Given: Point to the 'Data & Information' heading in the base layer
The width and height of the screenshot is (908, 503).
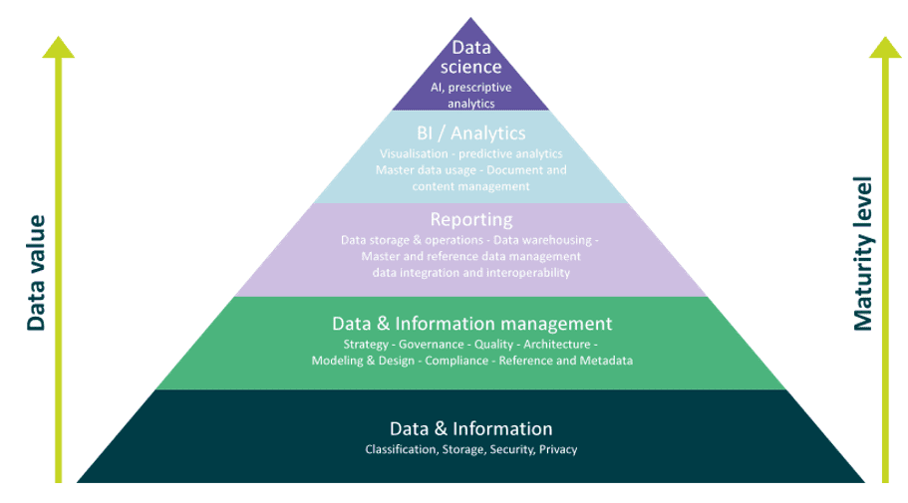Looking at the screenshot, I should (470, 428).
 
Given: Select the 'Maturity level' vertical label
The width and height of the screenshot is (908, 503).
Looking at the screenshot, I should (863, 254).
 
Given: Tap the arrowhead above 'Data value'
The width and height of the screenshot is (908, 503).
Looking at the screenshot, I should (59, 47).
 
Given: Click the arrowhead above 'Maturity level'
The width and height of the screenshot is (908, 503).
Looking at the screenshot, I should (885, 47).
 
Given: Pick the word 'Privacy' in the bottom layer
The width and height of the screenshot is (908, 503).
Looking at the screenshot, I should (558, 450).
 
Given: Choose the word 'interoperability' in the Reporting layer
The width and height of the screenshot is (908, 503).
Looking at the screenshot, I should (529, 272).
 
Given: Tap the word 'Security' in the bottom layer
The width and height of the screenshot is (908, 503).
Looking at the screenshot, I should (512, 450).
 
